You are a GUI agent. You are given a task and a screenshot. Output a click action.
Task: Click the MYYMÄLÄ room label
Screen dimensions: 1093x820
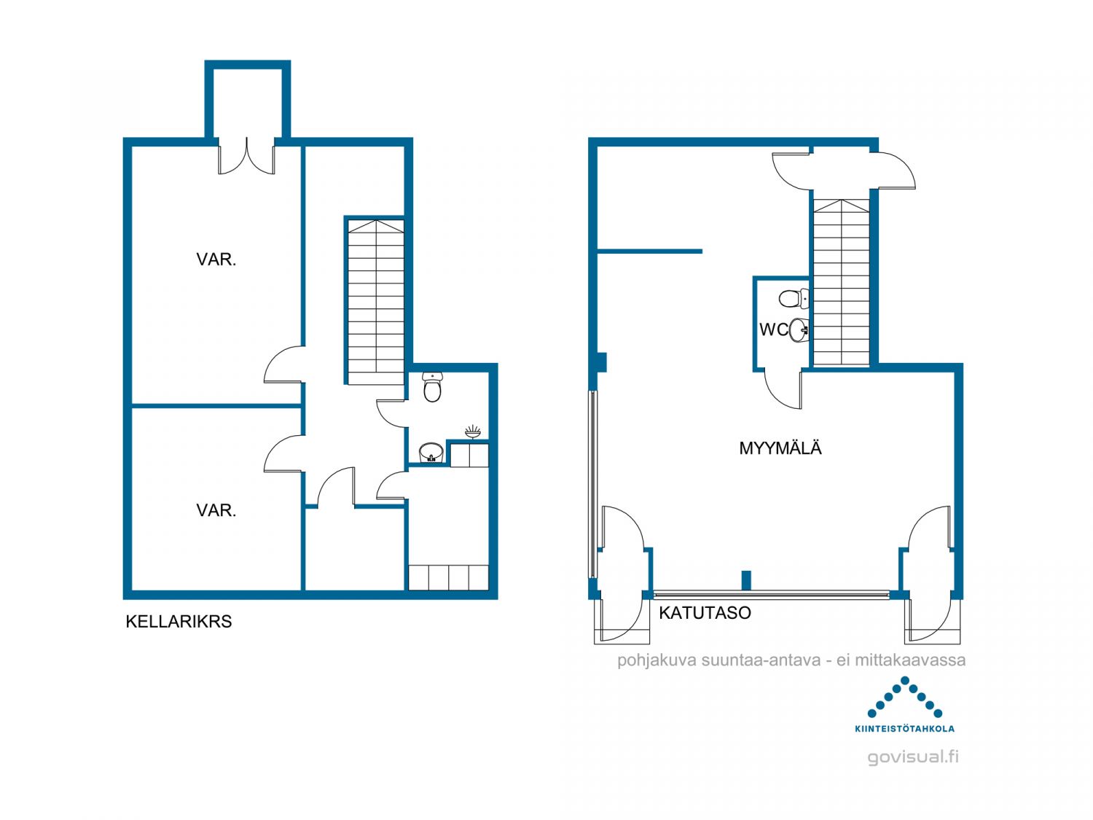click(x=780, y=448)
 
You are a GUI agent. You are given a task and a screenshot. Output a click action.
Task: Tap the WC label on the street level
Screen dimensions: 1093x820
click(x=774, y=329)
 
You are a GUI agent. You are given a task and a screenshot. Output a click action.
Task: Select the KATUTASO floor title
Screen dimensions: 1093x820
click(x=705, y=613)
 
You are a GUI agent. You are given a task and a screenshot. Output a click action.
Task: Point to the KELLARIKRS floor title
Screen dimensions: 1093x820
click(x=179, y=622)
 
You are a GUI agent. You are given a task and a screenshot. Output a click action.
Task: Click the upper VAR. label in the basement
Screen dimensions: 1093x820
click(x=216, y=259)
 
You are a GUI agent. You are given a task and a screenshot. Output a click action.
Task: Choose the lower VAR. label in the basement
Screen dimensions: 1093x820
click(x=216, y=509)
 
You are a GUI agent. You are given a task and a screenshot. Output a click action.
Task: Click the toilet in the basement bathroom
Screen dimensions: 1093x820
click(x=431, y=387)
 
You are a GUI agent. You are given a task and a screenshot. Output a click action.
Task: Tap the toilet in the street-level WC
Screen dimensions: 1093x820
click(x=794, y=299)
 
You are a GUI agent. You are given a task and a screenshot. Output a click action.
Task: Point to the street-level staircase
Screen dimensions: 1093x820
click(x=841, y=283)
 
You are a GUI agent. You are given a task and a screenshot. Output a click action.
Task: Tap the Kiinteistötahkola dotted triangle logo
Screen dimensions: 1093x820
click(x=904, y=697)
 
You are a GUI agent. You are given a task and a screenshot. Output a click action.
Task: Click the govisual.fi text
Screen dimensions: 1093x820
click(x=913, y=757)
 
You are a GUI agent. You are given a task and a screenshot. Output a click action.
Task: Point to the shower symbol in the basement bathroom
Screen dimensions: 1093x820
click(x=473, y=432)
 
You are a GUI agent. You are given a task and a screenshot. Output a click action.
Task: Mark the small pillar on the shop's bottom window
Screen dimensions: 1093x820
click(x=746, y=580)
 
